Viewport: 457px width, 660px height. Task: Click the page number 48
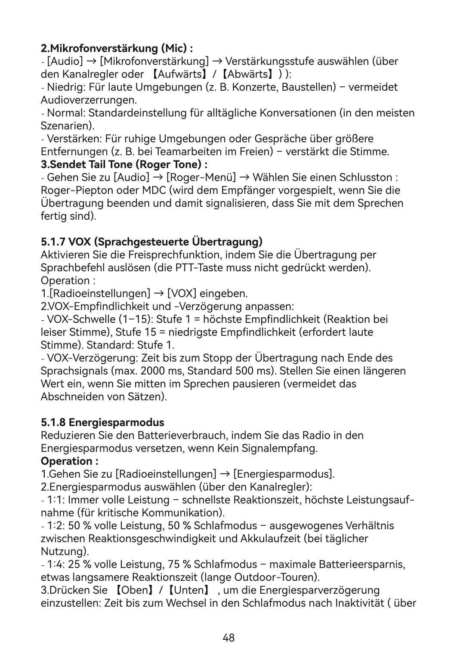tap(228, 638)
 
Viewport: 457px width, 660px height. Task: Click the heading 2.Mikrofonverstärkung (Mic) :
tap(116, 47)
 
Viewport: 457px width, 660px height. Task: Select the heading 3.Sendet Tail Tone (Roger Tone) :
tap(124, 165)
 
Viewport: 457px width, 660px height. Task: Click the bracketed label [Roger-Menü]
tap(201, 178)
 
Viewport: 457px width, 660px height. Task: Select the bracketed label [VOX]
tap(182, 294)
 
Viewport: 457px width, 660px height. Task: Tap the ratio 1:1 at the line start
tap(55, 500)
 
